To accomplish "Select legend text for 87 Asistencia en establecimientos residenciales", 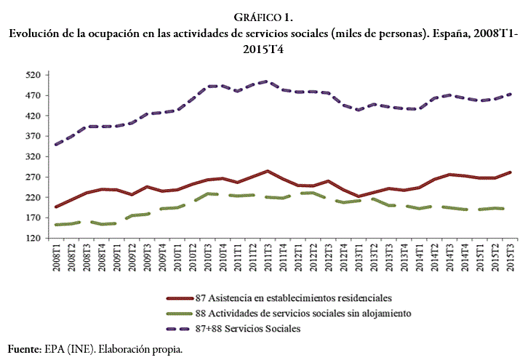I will point(295,298).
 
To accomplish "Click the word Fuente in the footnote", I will point(23,349).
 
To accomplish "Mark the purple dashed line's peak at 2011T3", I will point(267,81).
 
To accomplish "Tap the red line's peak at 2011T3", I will point(267,171).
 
